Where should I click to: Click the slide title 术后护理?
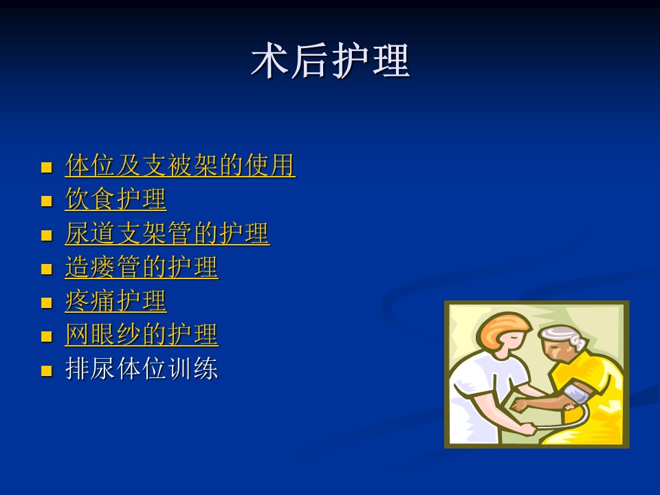[x=331, y=60]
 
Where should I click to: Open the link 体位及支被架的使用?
[x=180, y=165]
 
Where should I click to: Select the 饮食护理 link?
[x=115, y=199]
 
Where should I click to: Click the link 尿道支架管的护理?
[x=167, y=233]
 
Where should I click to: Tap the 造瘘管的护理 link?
[x=142, y=267]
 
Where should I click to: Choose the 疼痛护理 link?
[x=115, y=301]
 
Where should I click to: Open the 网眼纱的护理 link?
[x=142, y=335]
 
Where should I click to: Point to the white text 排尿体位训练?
[x=142, y=368]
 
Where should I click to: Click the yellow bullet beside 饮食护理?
[x=46, y=201]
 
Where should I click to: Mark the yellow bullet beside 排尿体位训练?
[x=46, y=371]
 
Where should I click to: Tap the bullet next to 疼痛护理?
[x=46, y=303]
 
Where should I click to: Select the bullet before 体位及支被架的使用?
[x=46, y=168]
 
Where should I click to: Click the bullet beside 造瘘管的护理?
[x=46, y=269]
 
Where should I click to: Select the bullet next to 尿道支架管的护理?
[x=46, y=235]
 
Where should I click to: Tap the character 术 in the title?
[x=269, y=60]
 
